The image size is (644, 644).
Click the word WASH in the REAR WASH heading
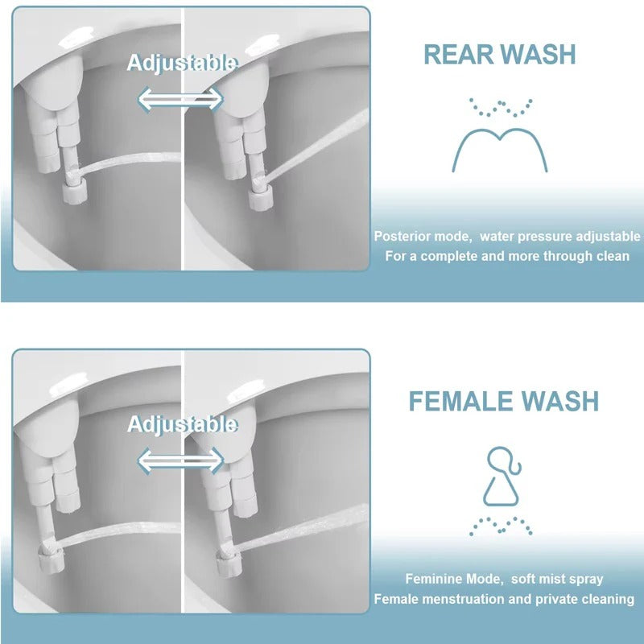click(x=539, y=54)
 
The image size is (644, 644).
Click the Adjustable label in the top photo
click(x=182, y=62)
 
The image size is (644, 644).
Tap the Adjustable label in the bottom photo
click(x=182, y=424)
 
